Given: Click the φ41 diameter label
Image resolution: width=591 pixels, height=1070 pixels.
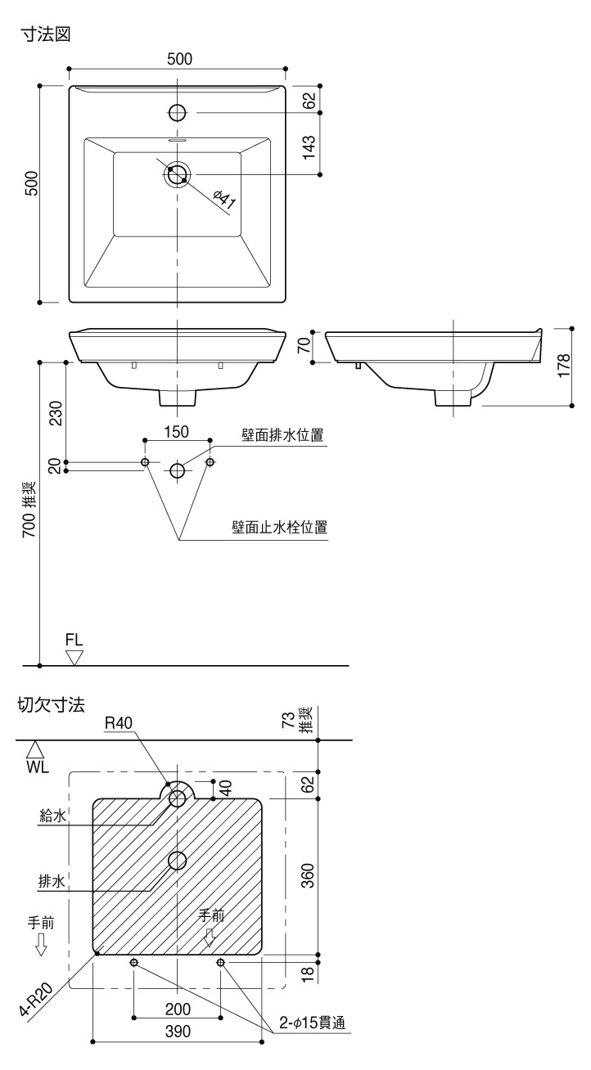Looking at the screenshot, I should point(223,200).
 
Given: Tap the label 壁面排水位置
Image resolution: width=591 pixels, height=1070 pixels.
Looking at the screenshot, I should point(282,435).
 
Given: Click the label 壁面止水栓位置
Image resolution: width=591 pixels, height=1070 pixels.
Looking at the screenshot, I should point(279,528).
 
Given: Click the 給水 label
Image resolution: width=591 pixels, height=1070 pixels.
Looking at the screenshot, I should point(52,815).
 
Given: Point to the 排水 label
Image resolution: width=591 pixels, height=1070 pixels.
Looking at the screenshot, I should point(52,880).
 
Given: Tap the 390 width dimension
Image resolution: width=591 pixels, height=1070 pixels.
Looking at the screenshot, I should point(178,1032).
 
